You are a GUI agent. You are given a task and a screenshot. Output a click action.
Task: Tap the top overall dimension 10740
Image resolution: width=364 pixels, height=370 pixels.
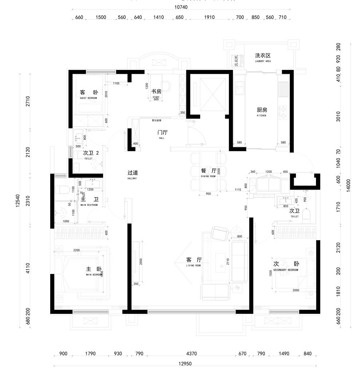[x=181, y=7]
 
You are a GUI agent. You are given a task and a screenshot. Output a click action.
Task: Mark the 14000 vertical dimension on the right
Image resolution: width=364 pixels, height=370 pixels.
[x=348, y=184]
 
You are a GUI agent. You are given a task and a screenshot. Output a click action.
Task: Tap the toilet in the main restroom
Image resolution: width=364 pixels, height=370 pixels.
[x=63, y=190]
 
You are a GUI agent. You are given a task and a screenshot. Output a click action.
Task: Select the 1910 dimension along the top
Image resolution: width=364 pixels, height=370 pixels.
[x=209, y=17]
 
